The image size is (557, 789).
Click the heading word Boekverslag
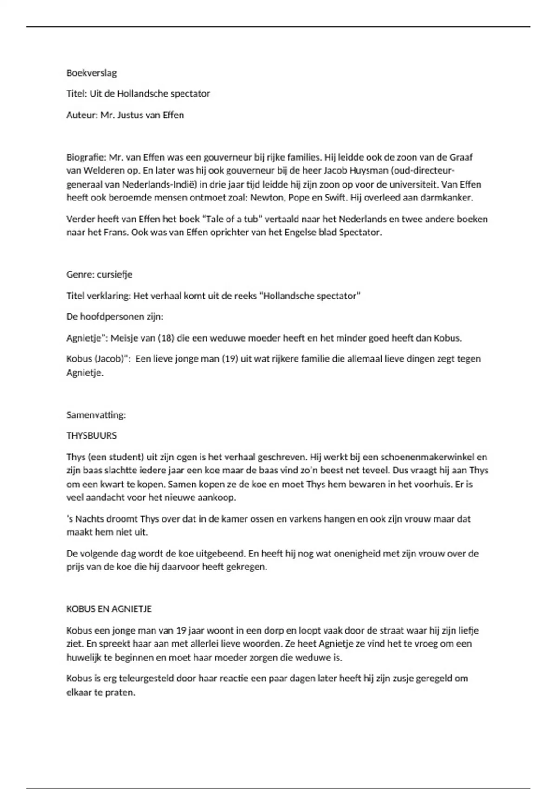tap(91, 73)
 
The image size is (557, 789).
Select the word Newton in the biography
tap(266, 198)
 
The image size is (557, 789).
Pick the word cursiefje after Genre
tap(115, 274)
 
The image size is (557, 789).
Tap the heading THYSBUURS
tap(91, 436)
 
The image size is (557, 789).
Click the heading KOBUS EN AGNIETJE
tap(109, 609)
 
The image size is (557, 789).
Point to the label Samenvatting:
tap(96, 415)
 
